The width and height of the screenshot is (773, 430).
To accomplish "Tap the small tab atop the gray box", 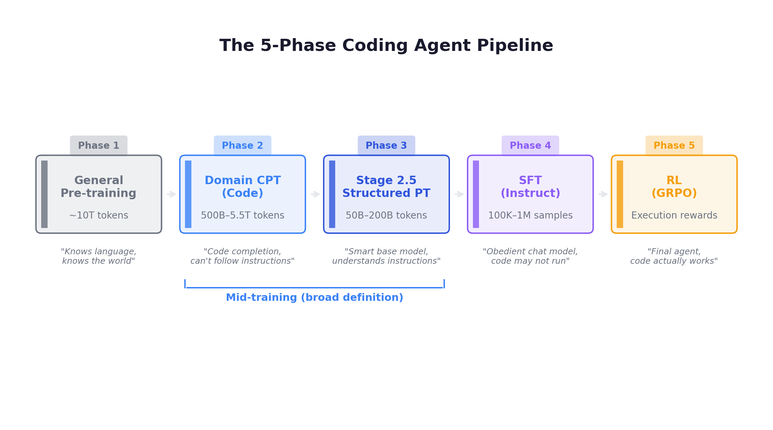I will (99, 145).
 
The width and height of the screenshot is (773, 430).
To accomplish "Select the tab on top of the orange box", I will (674, 145).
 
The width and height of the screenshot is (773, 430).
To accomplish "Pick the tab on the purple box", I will (530, 145).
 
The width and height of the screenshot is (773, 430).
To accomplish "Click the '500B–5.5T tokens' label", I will (242, 215).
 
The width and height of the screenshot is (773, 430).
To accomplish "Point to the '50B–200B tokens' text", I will (386, 215).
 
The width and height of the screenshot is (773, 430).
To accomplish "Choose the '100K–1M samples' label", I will (530, 215).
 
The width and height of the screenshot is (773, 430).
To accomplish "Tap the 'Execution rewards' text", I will (674, 215).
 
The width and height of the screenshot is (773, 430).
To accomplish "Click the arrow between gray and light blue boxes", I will (171, 194).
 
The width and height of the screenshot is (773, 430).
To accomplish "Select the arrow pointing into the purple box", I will (459, 194).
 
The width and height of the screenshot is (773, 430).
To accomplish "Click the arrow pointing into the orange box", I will (603, 194).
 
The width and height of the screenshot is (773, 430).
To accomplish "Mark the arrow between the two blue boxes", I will (315, 194).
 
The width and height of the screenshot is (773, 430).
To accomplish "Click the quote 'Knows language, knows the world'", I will (99, 256).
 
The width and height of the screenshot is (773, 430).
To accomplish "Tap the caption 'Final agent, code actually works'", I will (674, 256).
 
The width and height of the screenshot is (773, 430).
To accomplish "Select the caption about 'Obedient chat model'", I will (530, 256).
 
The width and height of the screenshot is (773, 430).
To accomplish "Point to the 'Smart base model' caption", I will (386, 256).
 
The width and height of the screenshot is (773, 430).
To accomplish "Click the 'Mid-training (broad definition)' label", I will (314, 297).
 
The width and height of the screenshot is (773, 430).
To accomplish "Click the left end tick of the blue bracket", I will (185, 284).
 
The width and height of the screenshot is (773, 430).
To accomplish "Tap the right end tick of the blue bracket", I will (444, 284).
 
